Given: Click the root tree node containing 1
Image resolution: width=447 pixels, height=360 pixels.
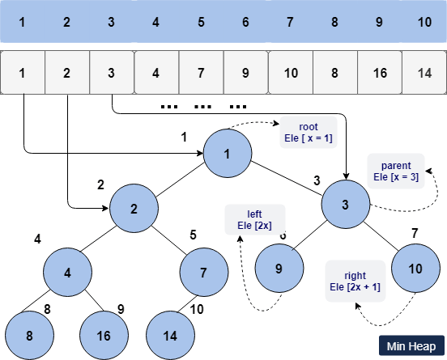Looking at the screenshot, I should [x=228, y=154].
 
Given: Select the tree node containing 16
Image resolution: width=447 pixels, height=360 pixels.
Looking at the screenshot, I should [x=104, y=333].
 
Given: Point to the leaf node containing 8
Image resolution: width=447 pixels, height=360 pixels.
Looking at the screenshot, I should [x=29, y=333].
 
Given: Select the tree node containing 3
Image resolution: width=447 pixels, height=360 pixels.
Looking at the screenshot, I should [x=346, y=205].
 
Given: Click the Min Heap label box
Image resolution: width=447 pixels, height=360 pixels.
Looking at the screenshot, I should [x=411, y=345].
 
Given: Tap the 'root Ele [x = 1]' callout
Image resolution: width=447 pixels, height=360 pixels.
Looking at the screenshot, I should [x=309, y=133].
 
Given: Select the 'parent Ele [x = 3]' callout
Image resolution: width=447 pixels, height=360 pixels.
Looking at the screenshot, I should [x=395, y=171].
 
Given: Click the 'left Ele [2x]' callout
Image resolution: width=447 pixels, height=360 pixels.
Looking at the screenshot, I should [x=255, y=218].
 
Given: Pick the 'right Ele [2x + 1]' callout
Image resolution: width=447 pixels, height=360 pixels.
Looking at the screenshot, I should [x=355, y=281].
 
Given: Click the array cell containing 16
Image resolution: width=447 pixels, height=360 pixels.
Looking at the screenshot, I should [x=379, y=73].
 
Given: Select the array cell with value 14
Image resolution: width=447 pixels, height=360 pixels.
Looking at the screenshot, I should [x=424, y=73].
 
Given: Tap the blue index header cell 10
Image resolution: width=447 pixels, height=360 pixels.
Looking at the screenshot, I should [x=424, y=19].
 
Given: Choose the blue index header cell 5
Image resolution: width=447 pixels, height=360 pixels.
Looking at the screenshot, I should [x=201, y=19].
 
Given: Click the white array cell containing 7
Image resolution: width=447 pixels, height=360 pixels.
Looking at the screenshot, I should [x=201, y=73].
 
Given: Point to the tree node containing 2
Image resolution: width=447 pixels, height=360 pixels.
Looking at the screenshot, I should [x=134, y=208].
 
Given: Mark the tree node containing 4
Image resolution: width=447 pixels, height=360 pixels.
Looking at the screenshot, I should [x=67, y=271].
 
